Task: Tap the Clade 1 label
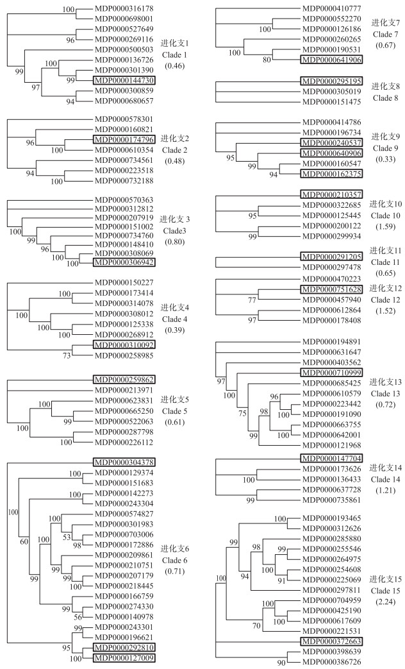click(x=172, y=53)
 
